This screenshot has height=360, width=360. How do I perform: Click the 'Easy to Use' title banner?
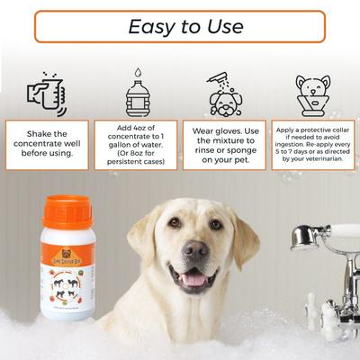click(x=180, y=26)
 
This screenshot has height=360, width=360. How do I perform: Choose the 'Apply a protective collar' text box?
click(x=312, y=145)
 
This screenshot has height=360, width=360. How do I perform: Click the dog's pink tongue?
click(x=193, y=279)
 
